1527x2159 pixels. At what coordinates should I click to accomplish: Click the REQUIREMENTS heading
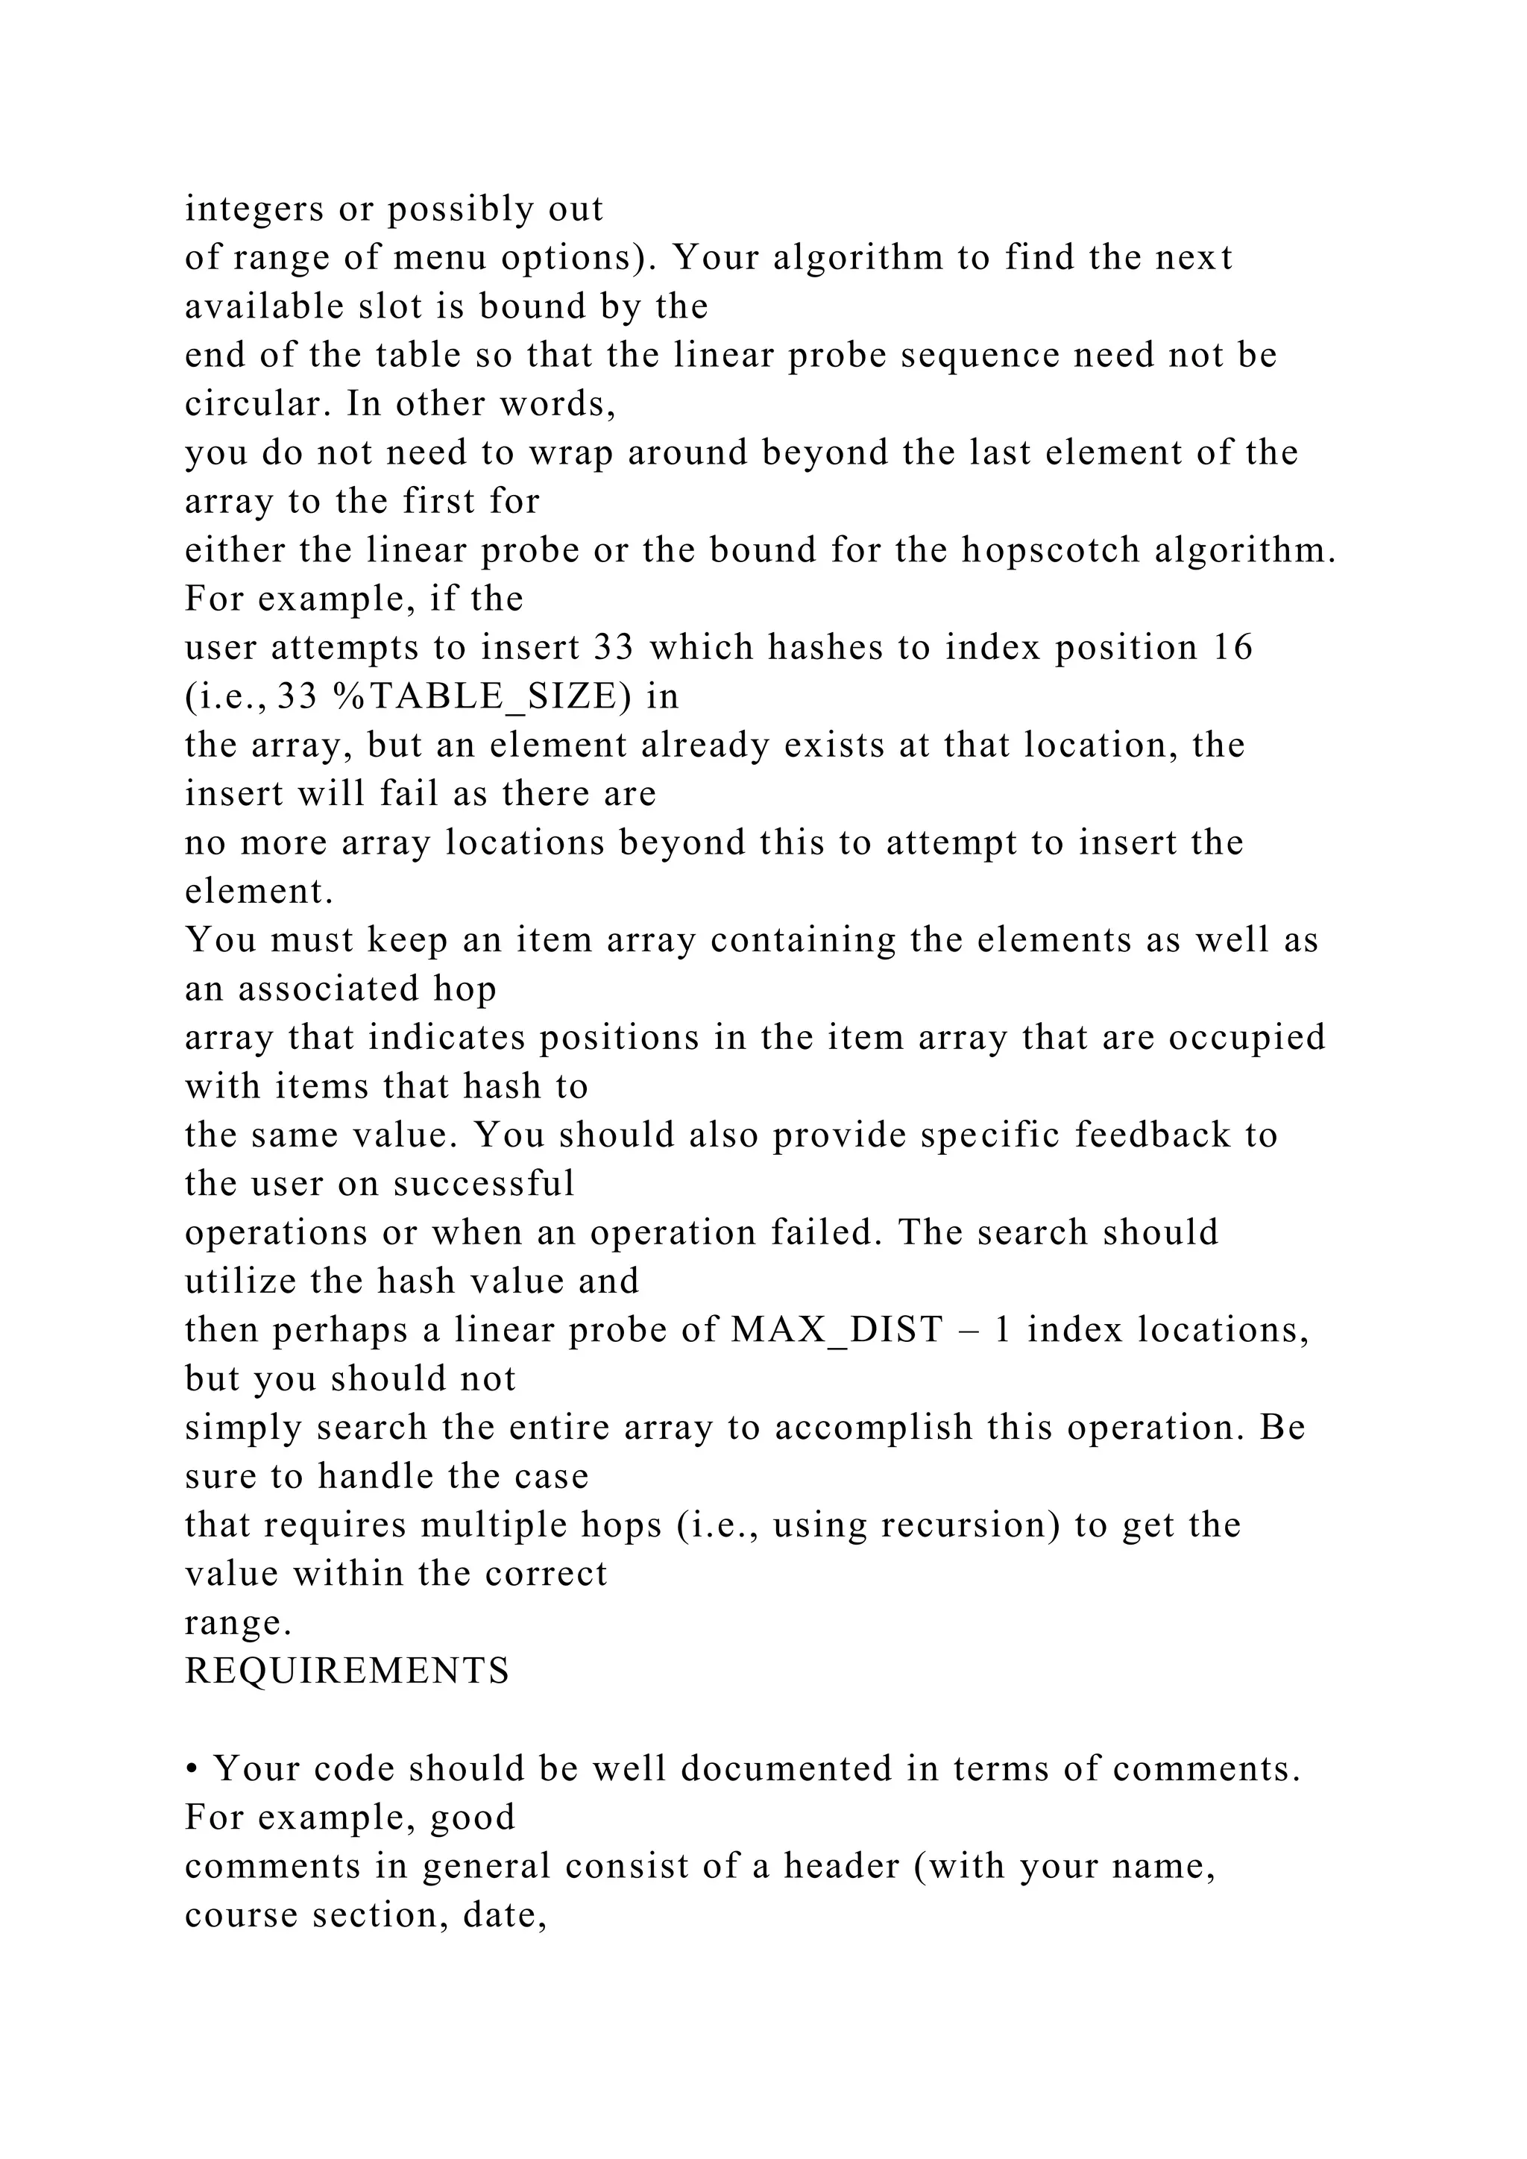[347, 1671]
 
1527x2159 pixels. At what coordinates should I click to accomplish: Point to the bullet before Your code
[191, 1769]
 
